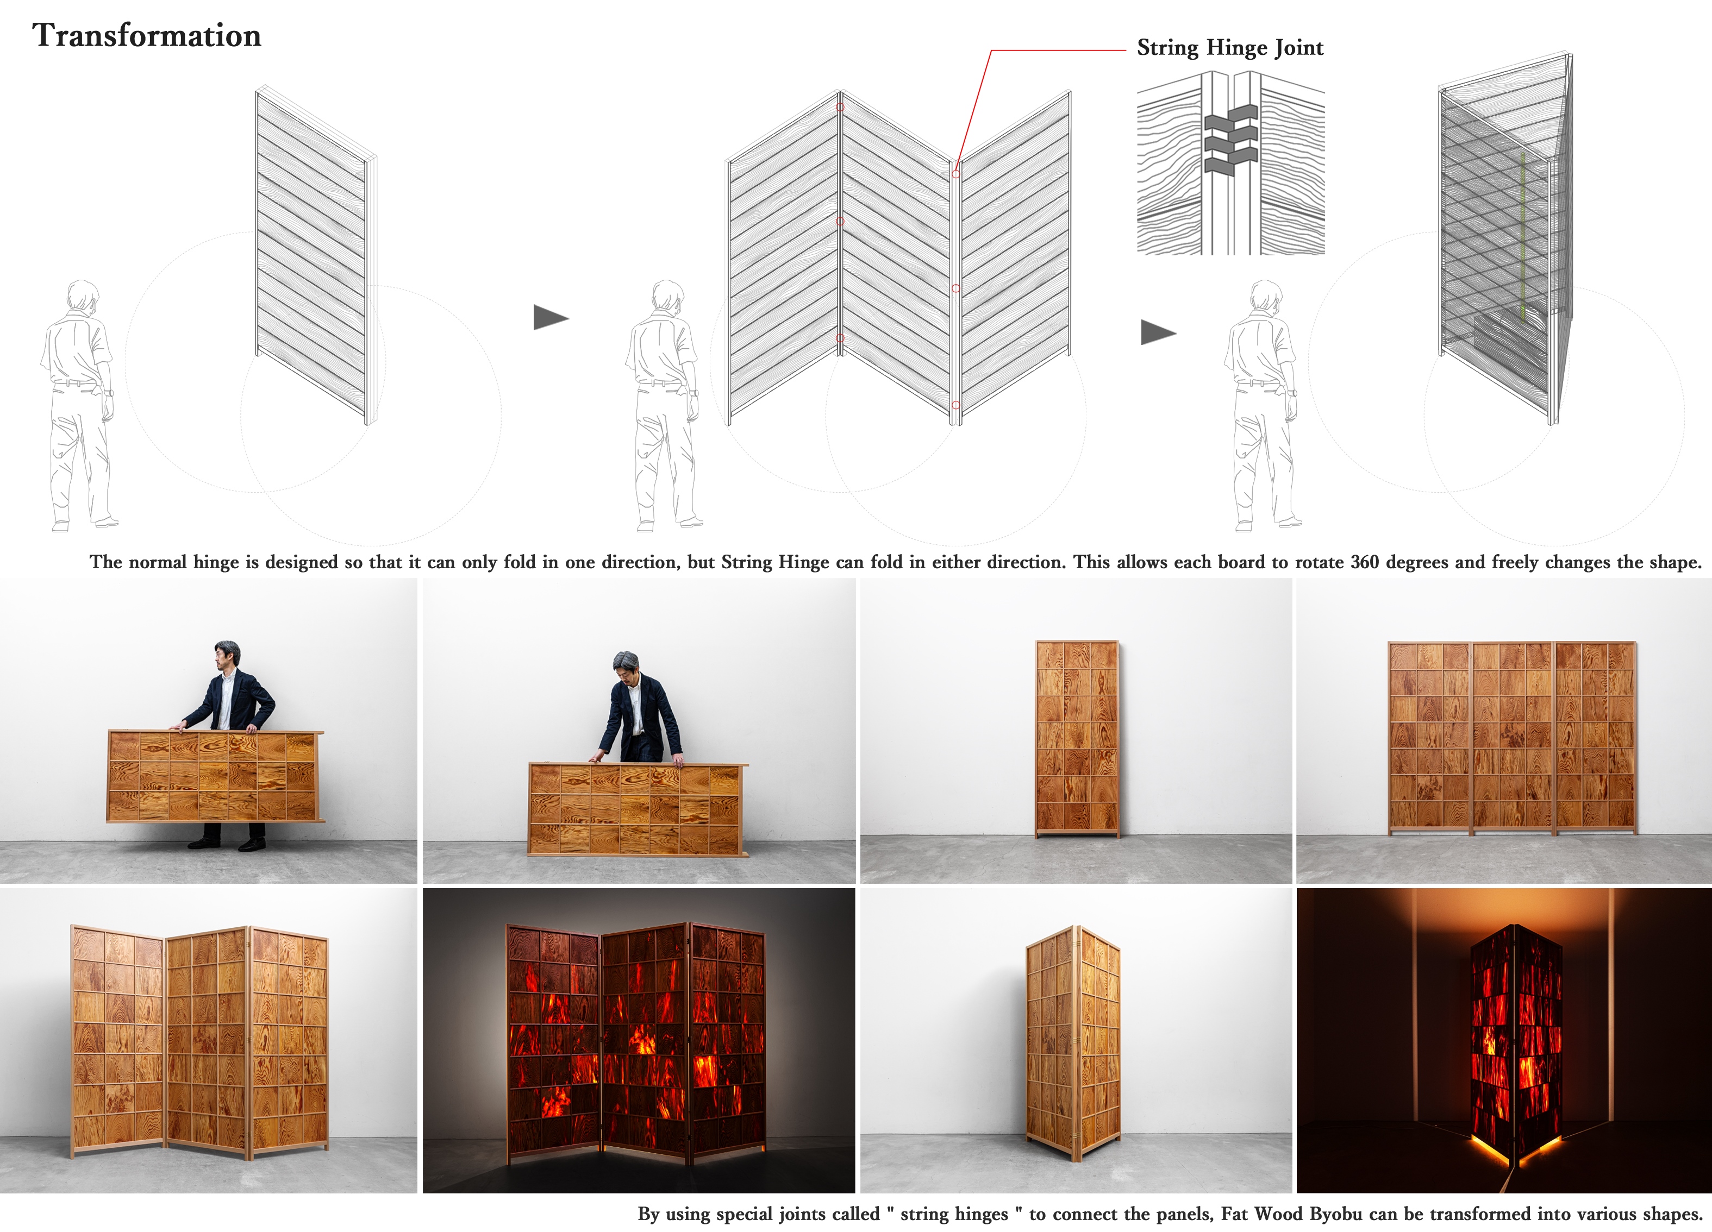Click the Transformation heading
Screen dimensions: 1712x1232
146,35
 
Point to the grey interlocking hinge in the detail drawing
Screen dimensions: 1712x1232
1230,140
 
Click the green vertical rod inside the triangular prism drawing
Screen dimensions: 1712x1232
1522,237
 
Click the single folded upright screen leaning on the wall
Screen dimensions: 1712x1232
1077,739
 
